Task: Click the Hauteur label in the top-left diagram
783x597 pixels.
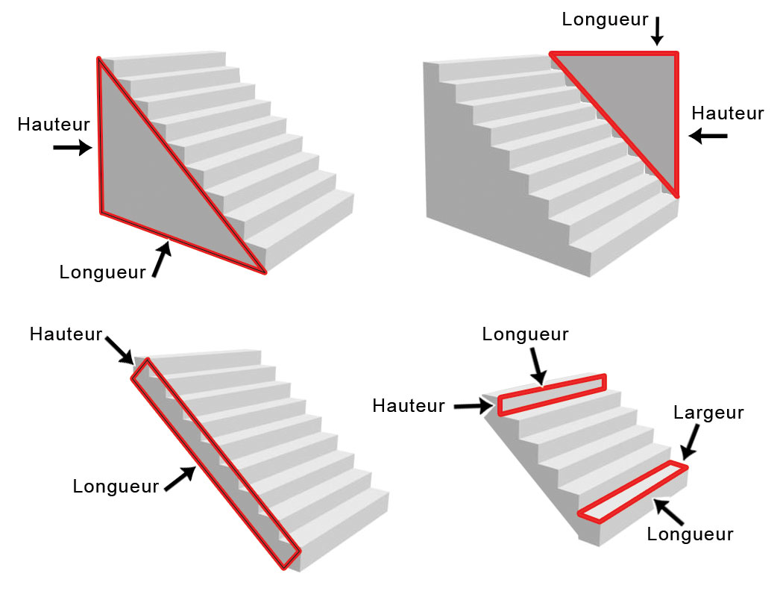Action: [54, 124]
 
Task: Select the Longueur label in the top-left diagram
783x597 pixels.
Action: [102, 272]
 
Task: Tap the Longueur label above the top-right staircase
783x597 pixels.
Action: [605, 19]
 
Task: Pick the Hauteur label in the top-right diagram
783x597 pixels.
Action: [728, 113]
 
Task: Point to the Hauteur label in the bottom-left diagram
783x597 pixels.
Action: [66, 334]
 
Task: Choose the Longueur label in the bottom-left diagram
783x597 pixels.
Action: [116, 487]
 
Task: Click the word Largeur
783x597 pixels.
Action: [708, 413]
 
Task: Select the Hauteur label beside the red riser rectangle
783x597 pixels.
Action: [409, 406]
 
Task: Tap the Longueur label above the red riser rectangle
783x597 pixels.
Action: [525, 334]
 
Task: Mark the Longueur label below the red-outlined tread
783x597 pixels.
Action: [690, 534]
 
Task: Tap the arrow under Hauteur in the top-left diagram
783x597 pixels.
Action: [72, 149]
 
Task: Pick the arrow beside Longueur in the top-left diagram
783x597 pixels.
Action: [160, 260]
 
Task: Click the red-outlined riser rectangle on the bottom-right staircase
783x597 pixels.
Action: [551, 393]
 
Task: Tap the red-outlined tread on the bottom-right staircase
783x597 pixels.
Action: [632, 490]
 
